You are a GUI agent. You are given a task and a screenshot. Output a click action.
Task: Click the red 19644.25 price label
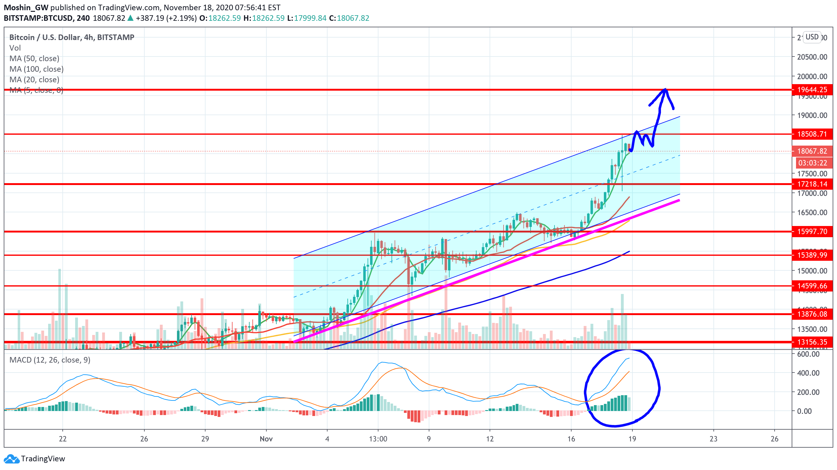[x=812, y=90]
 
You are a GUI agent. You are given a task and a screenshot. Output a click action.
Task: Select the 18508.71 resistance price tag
[x=812, y=134]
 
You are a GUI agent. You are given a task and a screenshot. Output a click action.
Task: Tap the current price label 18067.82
[x=812, y=151]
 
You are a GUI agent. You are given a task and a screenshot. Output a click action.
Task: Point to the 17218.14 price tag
[x=812, y=184]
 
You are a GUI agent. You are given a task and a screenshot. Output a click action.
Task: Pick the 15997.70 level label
[x=812, y=232]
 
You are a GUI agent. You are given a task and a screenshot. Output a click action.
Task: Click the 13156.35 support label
[x=812, y=342]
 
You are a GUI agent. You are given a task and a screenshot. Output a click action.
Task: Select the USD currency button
[x=812, y=37]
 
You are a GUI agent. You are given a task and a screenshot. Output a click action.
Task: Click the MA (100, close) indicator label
[x=36, y=69]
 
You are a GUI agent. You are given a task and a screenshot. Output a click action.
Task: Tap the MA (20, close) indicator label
[x=34, y=79]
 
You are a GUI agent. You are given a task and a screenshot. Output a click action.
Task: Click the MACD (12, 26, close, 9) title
[x=50, y=360]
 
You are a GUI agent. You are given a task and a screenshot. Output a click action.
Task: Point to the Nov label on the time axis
[x=266, y=439]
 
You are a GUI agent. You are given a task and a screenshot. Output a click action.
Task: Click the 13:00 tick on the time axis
[x=378, y=439]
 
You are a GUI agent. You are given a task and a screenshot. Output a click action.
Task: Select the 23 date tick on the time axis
[x=713, y=439]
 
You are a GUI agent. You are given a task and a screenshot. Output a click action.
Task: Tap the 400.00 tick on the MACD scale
[x=808, y=373]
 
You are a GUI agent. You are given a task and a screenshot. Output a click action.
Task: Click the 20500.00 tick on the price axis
[x=812, y=57]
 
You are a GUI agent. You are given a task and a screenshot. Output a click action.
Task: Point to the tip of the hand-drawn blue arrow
[x=665, y=89]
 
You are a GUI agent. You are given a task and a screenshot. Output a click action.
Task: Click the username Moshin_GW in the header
[x=26, y=7]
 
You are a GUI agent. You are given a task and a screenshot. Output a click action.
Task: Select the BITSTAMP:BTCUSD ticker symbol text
[x=38, y=18]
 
